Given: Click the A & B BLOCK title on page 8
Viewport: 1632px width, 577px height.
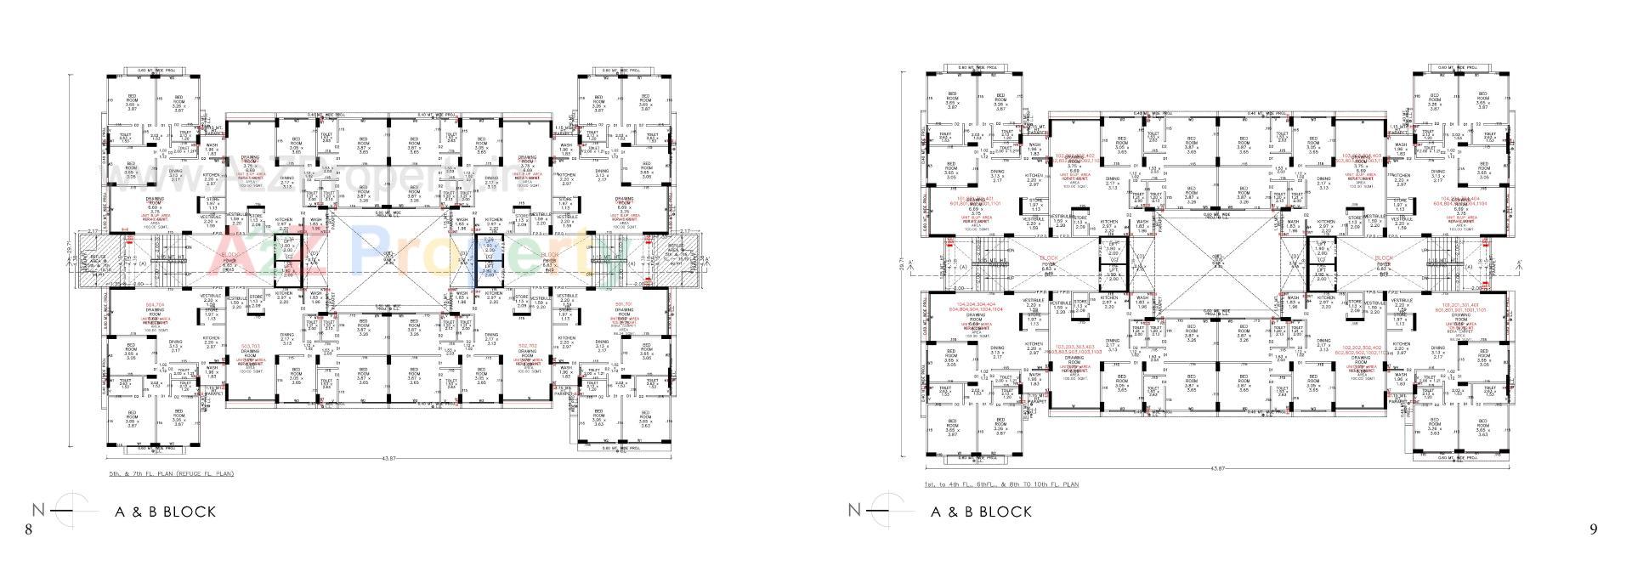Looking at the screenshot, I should click(x=166, y=512).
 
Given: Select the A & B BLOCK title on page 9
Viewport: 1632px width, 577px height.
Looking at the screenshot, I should click(x=982, y=512).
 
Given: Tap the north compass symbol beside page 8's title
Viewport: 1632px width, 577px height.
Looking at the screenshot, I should click(x=71, y=511).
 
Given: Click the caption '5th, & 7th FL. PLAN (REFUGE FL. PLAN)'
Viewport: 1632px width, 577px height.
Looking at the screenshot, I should click(x=171, y=473).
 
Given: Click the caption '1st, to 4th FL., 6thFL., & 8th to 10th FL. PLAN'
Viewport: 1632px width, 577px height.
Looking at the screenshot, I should click(x=1001, y=484).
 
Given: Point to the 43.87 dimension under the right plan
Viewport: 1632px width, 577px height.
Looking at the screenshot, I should click(x=1217, y=468).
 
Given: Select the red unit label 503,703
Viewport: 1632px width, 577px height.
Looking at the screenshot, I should click(x=250, y=346).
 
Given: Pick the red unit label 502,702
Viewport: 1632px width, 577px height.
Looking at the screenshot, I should click(x=527, y=346).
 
